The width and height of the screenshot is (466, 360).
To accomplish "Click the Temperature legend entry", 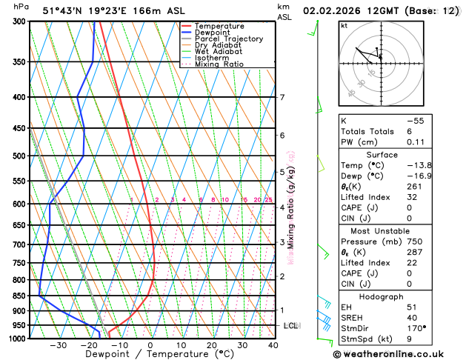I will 216,26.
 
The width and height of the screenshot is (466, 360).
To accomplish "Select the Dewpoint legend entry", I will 212,33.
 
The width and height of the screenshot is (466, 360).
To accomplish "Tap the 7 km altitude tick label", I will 282,98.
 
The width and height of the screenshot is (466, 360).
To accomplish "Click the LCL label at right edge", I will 290,326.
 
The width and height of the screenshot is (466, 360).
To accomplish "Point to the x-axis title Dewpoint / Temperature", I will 150,355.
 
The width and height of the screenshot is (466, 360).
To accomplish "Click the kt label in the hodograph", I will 344,25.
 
